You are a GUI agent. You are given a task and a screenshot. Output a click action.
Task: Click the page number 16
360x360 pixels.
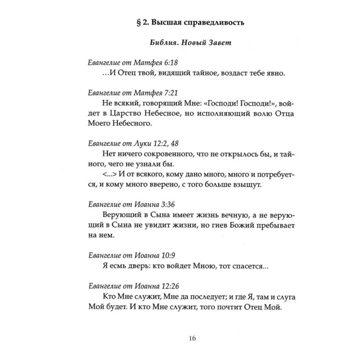coord(180,339)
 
